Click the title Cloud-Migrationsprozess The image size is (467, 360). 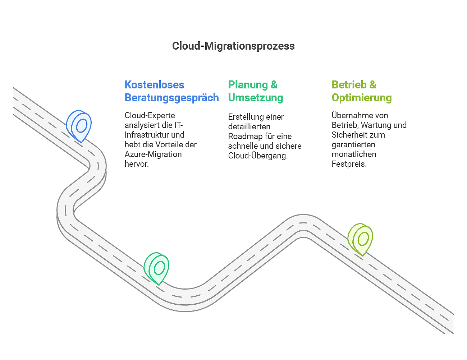pyautogui.click(x=233, y=46)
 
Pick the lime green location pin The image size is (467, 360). pyautogui.click(x=361, y=239)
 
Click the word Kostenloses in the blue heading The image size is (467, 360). pyautogui.click(x=154, y=85)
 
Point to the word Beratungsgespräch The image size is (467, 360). pyautogui.click(x=171, y=98)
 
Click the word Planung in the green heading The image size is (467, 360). pyautogui.click(x=248, y=85)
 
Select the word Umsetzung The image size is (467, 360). pyautogui.click(x=256, y=98)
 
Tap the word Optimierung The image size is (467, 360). pyautogui.click(x=362, y=98)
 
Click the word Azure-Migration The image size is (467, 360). pyautogui.click(x=153, y=154)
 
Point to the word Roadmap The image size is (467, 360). pyautogui.click(x=245, y=137)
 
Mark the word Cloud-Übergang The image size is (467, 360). pyautogui.click(x=257, y=156)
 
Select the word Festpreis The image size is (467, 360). pyautogui.click(x=349, y=164)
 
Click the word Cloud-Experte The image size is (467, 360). pyautogui.click(x=150, y=116)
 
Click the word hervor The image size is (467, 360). pyautogui.click(x=136, y=164)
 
